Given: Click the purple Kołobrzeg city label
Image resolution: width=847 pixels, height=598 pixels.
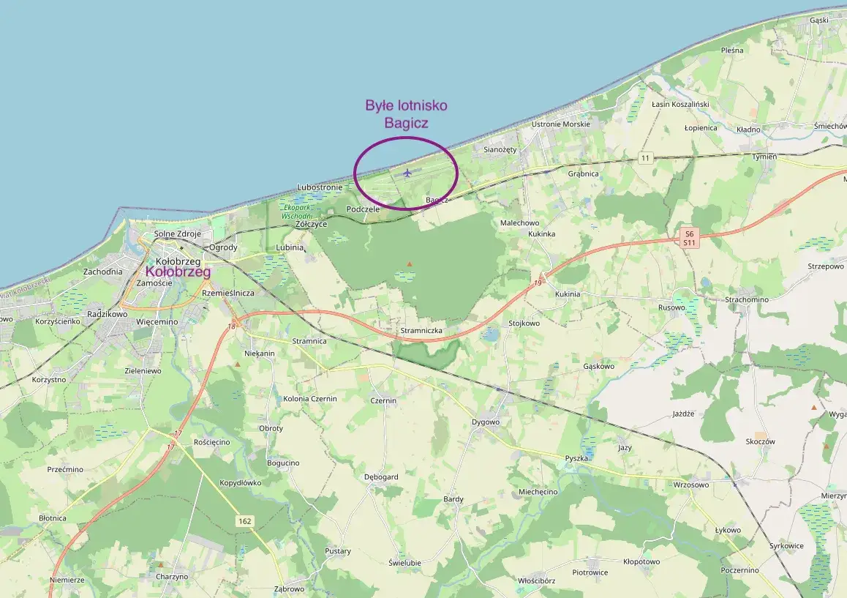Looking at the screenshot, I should (178, 272).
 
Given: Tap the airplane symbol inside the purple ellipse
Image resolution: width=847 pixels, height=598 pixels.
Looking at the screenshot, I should (407, 173).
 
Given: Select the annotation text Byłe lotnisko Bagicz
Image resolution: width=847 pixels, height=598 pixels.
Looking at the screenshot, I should (406, 114).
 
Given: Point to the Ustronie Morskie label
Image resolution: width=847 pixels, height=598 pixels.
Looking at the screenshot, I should (560, 124).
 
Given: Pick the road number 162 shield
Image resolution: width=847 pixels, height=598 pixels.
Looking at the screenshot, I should (245, 520).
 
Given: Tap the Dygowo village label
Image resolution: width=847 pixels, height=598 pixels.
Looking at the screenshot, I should (486, 422).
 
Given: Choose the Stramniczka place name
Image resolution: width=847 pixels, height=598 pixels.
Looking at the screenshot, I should (422, 331).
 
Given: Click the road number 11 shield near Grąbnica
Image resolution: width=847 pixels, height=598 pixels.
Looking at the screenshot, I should (644, 158).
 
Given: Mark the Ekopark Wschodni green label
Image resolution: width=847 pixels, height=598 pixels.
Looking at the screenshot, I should (298, 212).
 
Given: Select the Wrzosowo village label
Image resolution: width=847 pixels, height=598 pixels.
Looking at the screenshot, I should (691, 485).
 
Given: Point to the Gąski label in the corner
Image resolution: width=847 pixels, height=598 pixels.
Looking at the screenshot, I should (818, 20).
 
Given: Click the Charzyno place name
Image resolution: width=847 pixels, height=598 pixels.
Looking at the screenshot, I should (172, 576).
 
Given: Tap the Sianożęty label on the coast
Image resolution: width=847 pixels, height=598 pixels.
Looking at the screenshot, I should (500, 149).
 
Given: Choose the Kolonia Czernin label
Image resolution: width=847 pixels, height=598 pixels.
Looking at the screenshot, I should (310, 398).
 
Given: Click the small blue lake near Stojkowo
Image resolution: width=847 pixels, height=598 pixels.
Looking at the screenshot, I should (491, 334).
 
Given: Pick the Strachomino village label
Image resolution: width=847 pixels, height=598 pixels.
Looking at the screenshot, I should (746, 299).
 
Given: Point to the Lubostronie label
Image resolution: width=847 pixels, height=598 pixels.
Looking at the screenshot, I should (320, 187).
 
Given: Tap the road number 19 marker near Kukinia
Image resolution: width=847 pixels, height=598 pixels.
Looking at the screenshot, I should (538, 281).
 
